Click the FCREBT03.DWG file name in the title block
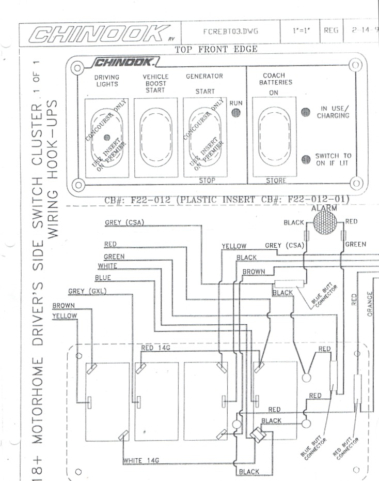(x=231, y=31)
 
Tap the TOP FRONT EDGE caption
(x=216, y=50)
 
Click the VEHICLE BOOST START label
(x=155, y=83)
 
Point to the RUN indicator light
(x=235, y=113)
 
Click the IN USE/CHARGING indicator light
(x=305, y=112)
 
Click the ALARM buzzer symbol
(x=324, y=223)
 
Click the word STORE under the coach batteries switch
(x=276, y=181)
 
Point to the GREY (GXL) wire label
(x=87, y=291)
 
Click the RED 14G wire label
(x=155, y=348)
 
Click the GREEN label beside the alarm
(x=356, y=244)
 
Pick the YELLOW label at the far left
(x=65, y=315)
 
